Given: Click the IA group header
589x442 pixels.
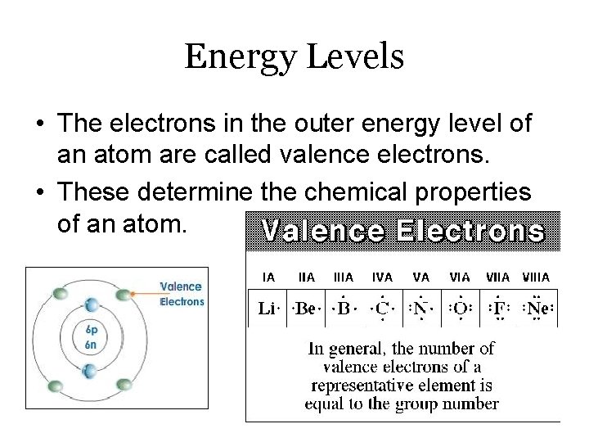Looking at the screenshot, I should [268, 277].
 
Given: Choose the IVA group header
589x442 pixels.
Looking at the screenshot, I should [380, 277].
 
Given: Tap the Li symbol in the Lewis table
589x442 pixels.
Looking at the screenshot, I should [268, 308].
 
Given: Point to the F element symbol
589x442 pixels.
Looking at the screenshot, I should [498, 308].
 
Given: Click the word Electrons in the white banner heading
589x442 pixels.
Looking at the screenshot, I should [470, 232].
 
